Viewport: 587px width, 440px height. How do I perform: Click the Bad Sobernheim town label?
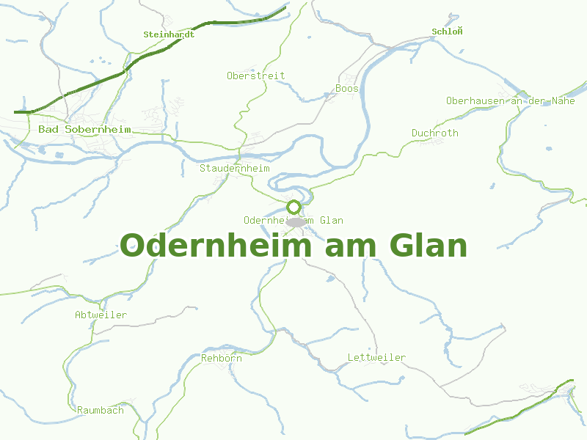pyautogui.click(x=84, y=130)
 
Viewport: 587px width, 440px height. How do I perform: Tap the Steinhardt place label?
pyautogui.click(x=169, y=34)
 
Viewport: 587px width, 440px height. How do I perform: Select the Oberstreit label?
pyautogui.click(x=255, y=76)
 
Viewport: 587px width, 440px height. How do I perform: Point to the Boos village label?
pyautogui.click(x=347, y=89)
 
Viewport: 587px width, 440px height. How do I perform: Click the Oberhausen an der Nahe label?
pyautogui.click(x=510, y=100)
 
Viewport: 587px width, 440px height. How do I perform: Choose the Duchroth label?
pyautogui.click(x=434, y=133)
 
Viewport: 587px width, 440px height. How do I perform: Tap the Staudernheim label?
pyautogui.click(x=234, y=168)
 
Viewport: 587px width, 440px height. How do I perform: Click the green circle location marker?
pyautogui.click(x=294, y=207)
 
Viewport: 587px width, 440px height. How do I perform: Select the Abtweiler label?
pyautogui.click(x=101, y=315)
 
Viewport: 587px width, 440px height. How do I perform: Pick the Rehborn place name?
pyautogui.click(x=221, y=358)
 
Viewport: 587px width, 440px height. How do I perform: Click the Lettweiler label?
pyautogui.click(x=376, y=357)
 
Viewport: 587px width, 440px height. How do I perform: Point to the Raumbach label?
pyautogui.click(x=100, y=410)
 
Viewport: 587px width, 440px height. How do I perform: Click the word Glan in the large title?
pyautogui.click(x=423, y=246)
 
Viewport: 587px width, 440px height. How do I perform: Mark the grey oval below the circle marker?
pyautogui.click(x=295, y=221)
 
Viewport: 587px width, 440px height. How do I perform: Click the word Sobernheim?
pyautogui.click(x=98, y=130)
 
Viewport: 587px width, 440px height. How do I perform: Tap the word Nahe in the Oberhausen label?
pyautogui.click(x=563, y=100)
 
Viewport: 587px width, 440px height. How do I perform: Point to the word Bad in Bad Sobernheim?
pyautogui.click(x=48, y=130)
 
